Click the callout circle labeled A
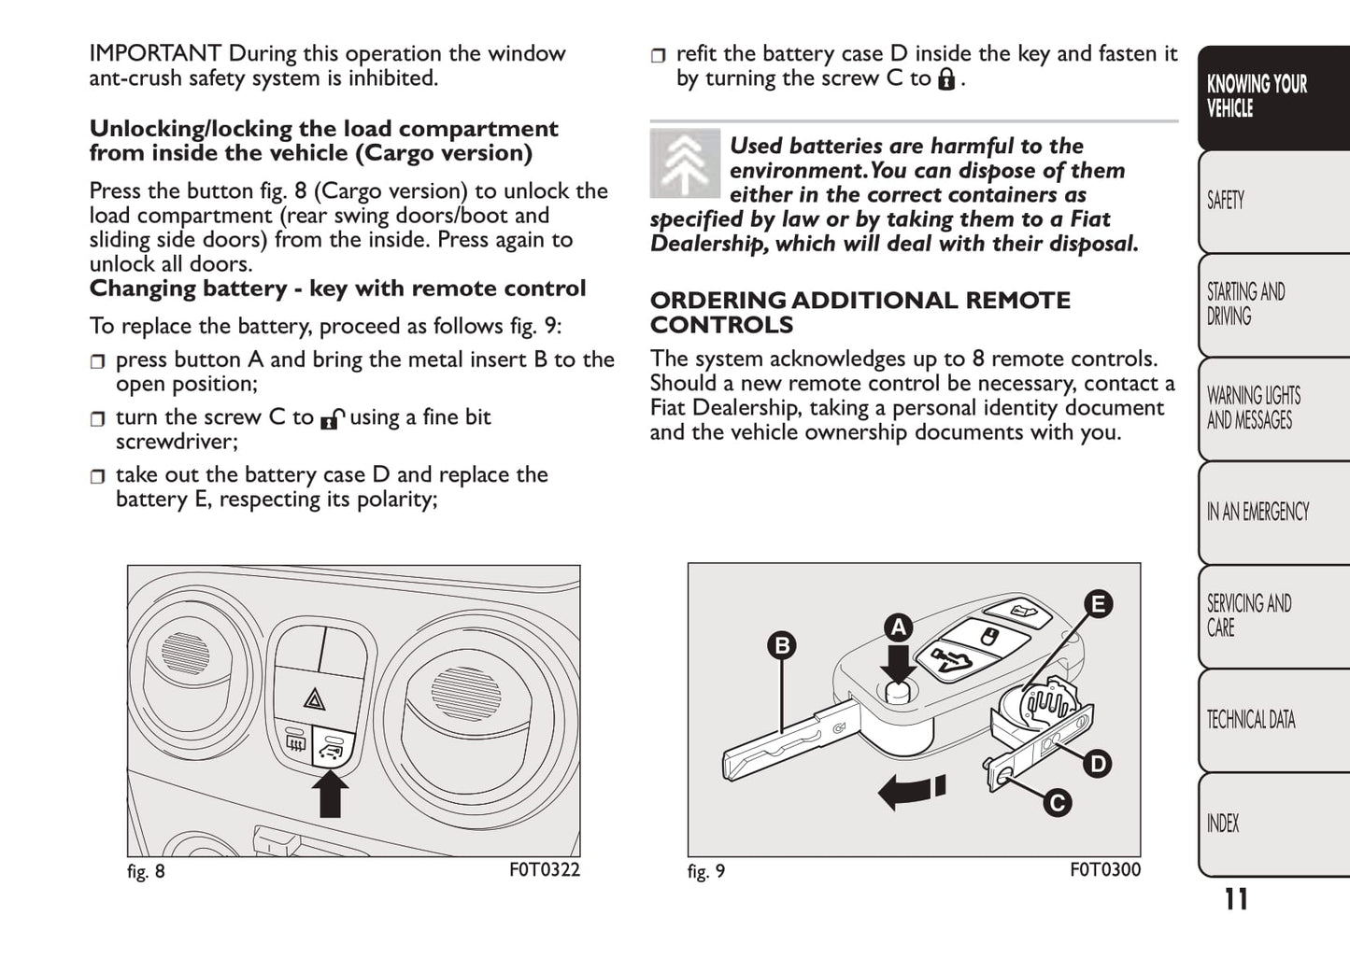tap(899, 627)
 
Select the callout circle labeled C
tap(1057, 803)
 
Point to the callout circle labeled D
tap(1097, 764)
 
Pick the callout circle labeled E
tap(1098, 604)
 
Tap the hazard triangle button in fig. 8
tap(315, 698)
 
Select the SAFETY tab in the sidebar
tap(1226, 201)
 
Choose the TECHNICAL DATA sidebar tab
tap(1251, 720)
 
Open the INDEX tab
tap(1223, 824)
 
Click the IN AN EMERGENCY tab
tap(1258, 512)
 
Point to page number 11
tap(1236, 899)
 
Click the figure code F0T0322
tap(545, 870)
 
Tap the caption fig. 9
tap(706, 871)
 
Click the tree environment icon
tap(685, 163)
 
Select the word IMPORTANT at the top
tap(155, 54)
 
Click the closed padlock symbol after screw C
tap(946, 78)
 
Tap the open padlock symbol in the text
tap(332, 419)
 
